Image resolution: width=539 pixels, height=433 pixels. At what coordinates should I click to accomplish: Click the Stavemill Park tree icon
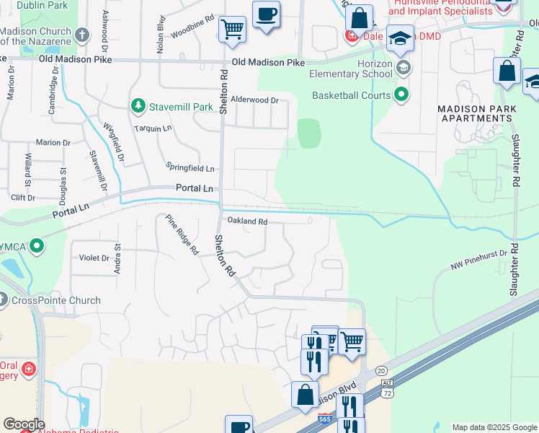(x=138, y=107)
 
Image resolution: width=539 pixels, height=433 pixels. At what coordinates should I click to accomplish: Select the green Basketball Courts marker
(x=401, y=95)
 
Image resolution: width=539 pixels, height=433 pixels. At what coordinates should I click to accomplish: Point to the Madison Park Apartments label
(x=478, y=113)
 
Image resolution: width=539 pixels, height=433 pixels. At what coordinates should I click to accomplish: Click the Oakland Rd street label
(x=248, y=222)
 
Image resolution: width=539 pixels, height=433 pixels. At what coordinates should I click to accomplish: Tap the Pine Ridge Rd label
(x=182, y=235)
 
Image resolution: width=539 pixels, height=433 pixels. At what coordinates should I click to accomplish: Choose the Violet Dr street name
(x=94, y=257)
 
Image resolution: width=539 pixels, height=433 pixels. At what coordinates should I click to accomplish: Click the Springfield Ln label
(x=190, y=168)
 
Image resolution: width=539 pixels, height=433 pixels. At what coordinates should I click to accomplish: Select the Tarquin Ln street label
(x=153, y=128)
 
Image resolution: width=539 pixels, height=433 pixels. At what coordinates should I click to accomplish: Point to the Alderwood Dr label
(x=254, y=100)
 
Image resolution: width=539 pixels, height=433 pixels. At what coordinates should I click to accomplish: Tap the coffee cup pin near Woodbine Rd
(x=266, y=14)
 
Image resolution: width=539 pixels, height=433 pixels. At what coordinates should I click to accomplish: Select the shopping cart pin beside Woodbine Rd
(x=232, y=30)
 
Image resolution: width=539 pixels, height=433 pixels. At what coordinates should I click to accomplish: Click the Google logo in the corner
(x=24, y=424)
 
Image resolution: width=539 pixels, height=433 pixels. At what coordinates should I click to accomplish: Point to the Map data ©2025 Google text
(x=494, y=427)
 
